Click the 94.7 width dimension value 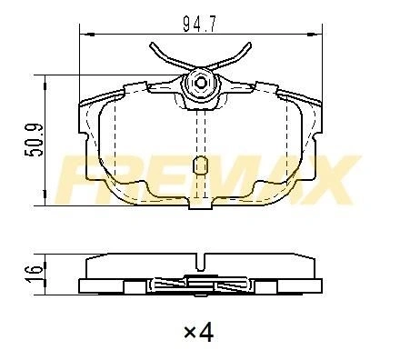coord(200,24)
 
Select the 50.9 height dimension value coord(34,140)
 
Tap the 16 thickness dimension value coord(34,274)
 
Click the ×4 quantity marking coord(199,332)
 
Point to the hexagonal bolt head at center coord(201,82)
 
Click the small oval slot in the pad coord(200,165)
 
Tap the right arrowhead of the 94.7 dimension coord(315,35)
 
